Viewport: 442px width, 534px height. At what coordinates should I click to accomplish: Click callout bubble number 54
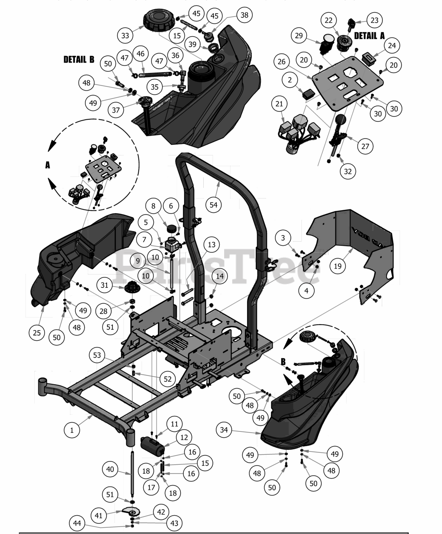(214, 204)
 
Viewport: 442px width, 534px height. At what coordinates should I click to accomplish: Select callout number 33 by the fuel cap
(125, 35)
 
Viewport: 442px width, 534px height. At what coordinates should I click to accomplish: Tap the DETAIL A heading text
(369, 36)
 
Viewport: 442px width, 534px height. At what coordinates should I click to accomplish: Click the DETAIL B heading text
(79, 59)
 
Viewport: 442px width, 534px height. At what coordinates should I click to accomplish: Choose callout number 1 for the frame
(72, 430)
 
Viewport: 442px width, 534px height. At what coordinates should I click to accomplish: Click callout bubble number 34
(224, 430)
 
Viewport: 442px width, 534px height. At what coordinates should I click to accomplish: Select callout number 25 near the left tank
(37, 332)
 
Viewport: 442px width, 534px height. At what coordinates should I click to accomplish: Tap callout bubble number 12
(184, 437)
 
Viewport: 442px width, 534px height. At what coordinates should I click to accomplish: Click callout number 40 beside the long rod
(110, 469)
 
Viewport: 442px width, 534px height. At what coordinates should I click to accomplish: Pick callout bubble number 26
(282, 62)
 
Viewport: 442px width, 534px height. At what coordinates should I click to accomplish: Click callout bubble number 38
(244, 15)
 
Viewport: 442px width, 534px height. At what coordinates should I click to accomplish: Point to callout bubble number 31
(105, 285)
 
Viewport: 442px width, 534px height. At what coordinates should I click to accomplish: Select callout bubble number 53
(97, 355)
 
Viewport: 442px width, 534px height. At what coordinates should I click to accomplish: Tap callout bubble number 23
(375, 20)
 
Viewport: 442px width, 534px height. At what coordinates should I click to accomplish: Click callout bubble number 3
(283, 238)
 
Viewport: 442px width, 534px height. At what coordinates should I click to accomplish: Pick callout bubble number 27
(365, 146)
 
